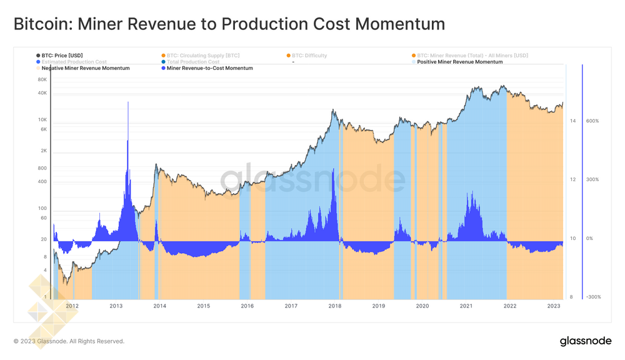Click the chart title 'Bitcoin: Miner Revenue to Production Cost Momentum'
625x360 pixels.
coord(229,24)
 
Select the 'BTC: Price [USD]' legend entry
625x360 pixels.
coord(61,56)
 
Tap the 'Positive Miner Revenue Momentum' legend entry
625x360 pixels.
coord(459,62)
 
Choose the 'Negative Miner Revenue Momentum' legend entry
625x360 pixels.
coord(86,68)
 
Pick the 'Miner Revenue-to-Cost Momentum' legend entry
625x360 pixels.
coord(209,68)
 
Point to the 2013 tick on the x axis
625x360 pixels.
coord(116,306)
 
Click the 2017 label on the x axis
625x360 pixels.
coord(291,306)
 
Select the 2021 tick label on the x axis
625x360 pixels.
coord(466,306)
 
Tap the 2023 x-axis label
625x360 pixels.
coord(554,306)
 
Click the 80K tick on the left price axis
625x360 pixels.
coord(42,80)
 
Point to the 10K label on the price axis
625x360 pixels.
coord(42,120)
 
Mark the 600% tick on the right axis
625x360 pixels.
coord(592,121)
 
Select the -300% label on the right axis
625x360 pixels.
coord(592,297)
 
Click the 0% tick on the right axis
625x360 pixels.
coord(589,239)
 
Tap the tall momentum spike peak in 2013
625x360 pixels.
coord(128,102)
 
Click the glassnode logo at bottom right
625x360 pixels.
coord(585,341)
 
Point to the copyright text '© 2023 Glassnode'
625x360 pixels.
coord(69,341)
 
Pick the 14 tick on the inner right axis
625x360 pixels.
coord(572,121)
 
